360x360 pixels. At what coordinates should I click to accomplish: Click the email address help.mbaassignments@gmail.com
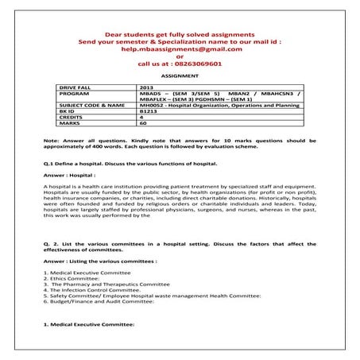tap(180, 48)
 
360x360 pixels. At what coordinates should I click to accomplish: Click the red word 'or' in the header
tap(180, 56)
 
